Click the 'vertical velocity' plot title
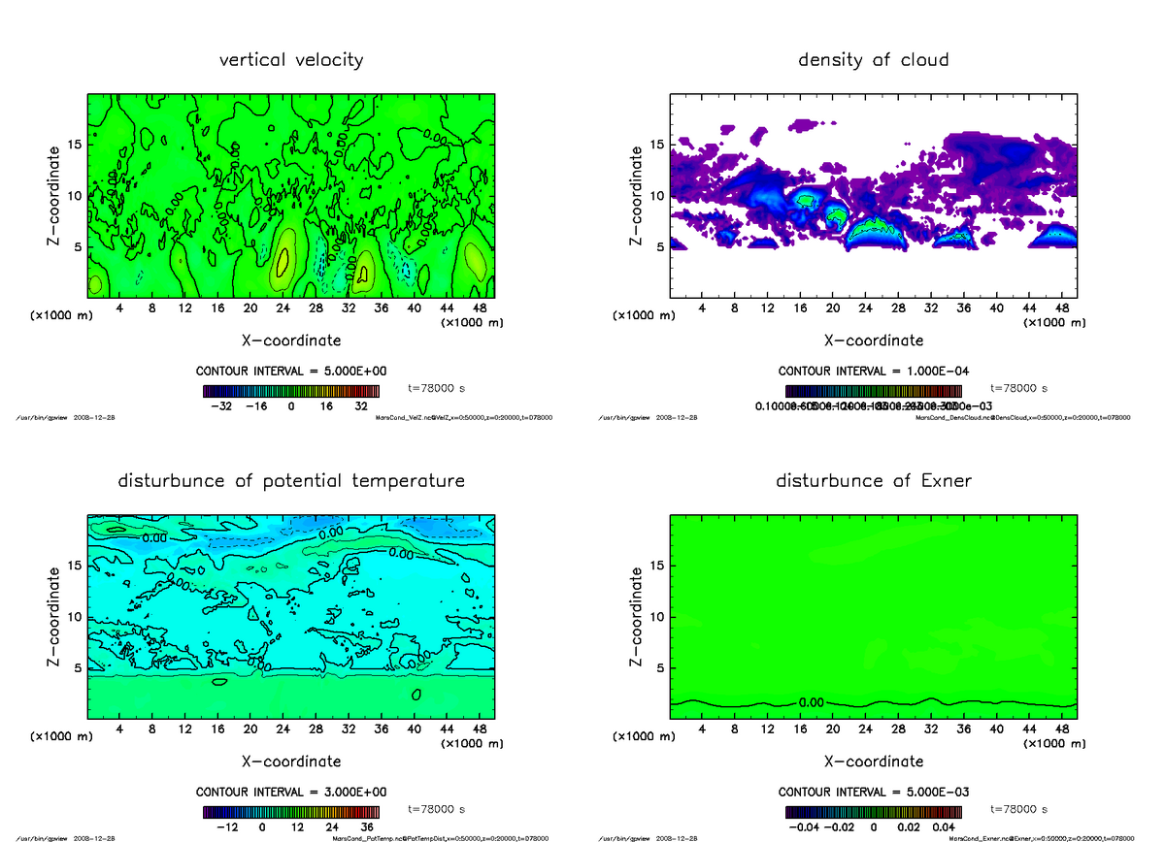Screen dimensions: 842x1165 [291, 60]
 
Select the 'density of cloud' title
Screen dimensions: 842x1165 [873, 60]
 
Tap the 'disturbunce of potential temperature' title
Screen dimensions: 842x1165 [291, 481]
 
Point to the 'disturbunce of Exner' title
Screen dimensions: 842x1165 [873, 481]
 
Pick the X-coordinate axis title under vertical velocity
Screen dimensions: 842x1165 [291, 340]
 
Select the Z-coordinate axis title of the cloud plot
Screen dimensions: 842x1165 [636, 195]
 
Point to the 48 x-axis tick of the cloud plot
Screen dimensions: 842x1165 [1062, 309]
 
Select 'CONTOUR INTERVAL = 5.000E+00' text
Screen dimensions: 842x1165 [291, 372]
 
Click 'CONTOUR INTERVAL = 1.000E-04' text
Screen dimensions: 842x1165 [873, 372]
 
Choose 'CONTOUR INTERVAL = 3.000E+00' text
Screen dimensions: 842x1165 [291, 792]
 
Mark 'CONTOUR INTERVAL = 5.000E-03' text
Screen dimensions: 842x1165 [873, 792]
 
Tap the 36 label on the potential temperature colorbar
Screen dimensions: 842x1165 [367, 826]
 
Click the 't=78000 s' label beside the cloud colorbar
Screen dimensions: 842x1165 [1019, 388]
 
